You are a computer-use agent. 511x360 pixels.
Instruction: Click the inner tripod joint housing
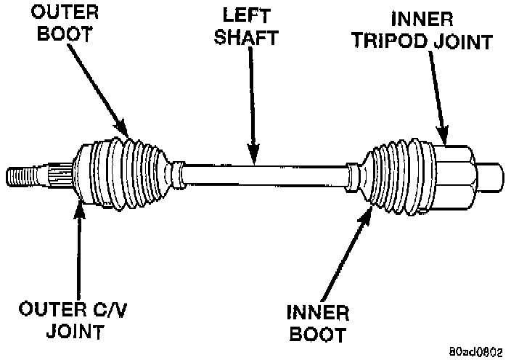point(454,174)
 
